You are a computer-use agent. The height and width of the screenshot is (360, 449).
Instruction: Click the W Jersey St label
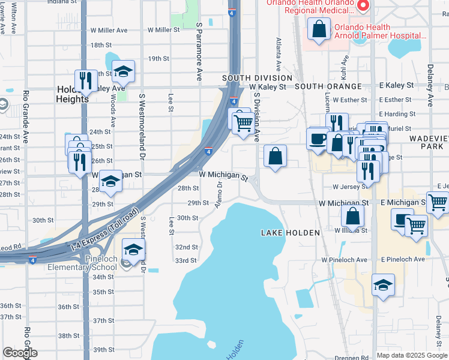point(350,187)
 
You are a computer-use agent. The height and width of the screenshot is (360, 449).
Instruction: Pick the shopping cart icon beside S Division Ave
point(243,122)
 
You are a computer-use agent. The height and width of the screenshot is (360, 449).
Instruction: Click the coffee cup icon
point(318,139)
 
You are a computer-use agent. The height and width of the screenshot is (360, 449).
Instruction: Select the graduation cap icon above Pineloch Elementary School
point(133,249)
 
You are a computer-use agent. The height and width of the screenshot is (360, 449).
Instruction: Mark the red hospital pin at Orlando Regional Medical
point(363,6)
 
